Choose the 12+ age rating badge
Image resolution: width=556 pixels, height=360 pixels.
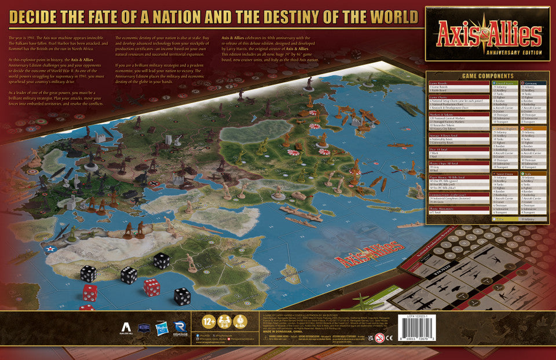click(x=209, y=321)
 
